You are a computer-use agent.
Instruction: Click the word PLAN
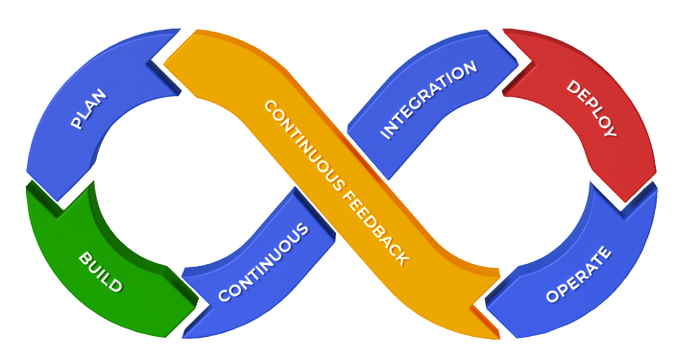(88, 108)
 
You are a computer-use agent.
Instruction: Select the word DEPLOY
(591, 108)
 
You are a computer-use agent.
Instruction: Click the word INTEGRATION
(428, 101)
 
